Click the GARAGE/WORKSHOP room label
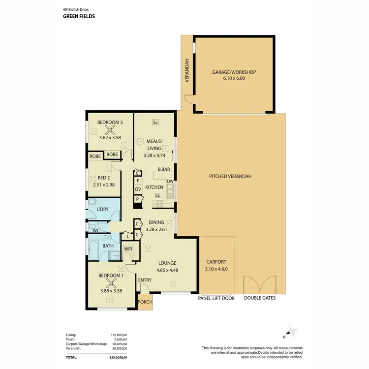click(234, 72)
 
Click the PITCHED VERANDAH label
click(230, 176)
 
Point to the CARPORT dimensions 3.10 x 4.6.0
click(216, 269)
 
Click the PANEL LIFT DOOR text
click(216, 298)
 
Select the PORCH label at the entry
click(145, 303)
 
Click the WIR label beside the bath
click(128, 249)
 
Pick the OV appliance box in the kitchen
click(138, 189)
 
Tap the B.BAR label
click(164, 170)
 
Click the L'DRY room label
click(102, 210)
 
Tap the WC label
click(96, 230)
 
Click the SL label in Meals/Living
click(155, 122)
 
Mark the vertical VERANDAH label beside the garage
click(187, 71)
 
